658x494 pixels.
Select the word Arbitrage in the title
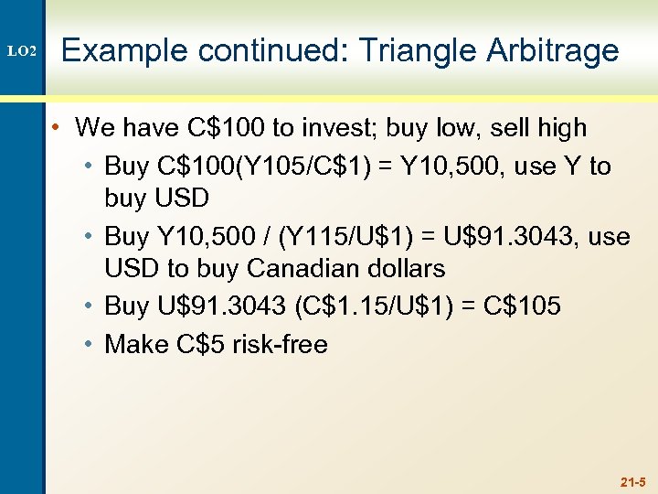(x=552, y=51)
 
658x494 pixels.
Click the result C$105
(x=521, y=306)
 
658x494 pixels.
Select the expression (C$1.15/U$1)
(x=370, y=306)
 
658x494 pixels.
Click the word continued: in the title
(x=268, y=51)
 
